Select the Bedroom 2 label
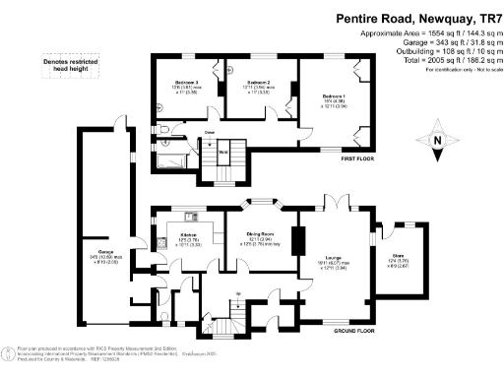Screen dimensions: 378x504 [x=259, y=82]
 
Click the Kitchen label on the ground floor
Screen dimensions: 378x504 [x=188, y=234]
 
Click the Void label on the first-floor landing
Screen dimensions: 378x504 [x=223, y=153]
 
